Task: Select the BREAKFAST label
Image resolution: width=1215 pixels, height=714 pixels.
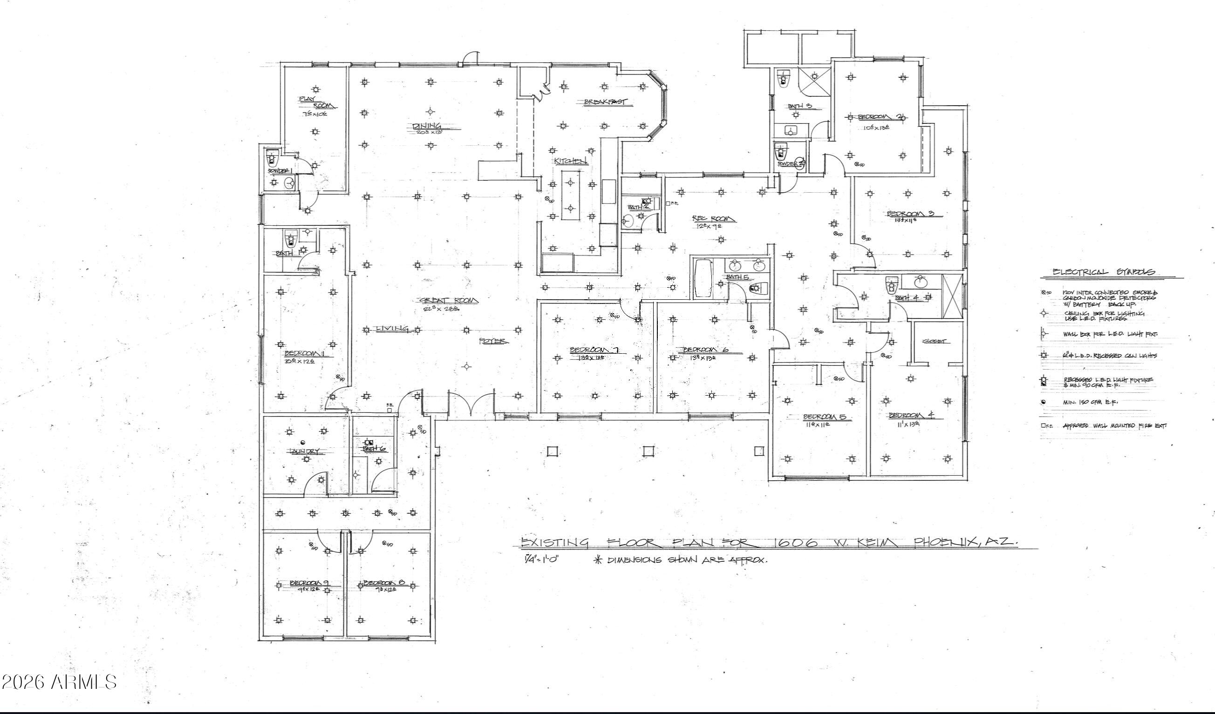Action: click(606, 101)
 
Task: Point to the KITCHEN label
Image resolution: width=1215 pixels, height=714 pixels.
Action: click(570, 161)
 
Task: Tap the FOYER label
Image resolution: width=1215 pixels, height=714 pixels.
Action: click(493, 341)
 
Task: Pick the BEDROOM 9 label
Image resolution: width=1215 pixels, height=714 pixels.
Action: click(309, 583)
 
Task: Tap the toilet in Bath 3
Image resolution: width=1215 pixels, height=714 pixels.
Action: click(783, 79)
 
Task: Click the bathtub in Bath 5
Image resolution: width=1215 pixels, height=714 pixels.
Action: click(703, 278)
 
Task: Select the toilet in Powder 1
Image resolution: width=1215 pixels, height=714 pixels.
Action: click(273, 158)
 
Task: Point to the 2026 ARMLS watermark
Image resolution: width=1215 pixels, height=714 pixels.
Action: click(59, 682)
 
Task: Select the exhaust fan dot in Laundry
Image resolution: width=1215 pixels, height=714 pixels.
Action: click(303, 442)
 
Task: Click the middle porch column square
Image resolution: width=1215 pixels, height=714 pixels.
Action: click(648, 451)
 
